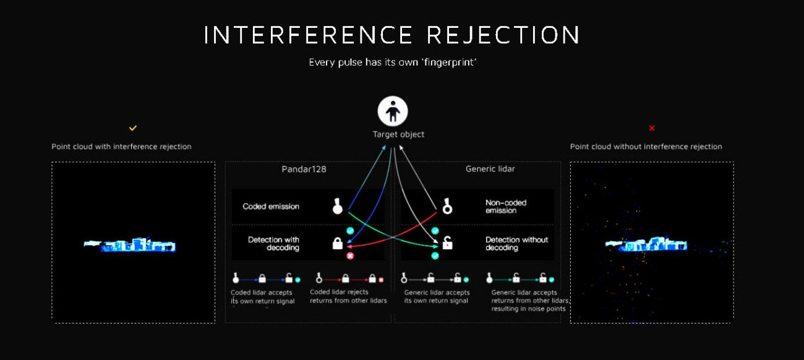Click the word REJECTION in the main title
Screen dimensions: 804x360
click(503, 35)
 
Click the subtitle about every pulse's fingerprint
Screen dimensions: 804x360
click(393, 62)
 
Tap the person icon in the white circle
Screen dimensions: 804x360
click(393, 111)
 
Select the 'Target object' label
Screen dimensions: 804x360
click(398, 134)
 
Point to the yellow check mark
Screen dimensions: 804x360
click(133, 128)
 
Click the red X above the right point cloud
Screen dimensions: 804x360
click(652, 128)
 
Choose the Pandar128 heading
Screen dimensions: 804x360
click(304, 169)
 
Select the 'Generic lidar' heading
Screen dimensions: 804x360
click(490, 169)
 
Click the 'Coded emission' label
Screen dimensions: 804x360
click(271, 207)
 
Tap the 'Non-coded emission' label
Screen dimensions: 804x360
click(506, 207)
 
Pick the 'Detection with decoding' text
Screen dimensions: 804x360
click(273, 243)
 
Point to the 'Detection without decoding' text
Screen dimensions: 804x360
click(516, 243)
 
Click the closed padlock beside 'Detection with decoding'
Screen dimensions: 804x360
click(338, 243)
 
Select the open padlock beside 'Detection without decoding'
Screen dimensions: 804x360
click(447, 243)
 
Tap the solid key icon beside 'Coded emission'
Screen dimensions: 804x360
click(338, 206)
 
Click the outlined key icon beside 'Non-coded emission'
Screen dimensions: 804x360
click(447, 206)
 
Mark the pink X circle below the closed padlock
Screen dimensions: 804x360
click(350, 255)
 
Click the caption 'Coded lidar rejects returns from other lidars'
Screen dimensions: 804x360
click(348, 296)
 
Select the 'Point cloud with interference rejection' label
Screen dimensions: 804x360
click(121, 147)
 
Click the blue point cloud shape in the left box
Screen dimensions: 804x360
click(130, 244)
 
